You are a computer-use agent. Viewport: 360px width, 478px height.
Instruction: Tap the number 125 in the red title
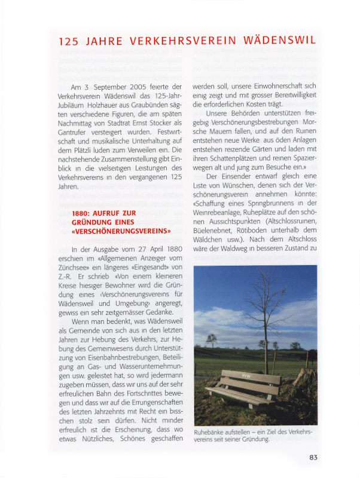pyautogui.click(x=69, y=41)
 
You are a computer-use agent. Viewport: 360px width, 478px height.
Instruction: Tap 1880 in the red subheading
pyautogui.click(x=81, y=213)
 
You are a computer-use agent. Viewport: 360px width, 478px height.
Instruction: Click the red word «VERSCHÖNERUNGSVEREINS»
pyautogui.click(x=121, y=231)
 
